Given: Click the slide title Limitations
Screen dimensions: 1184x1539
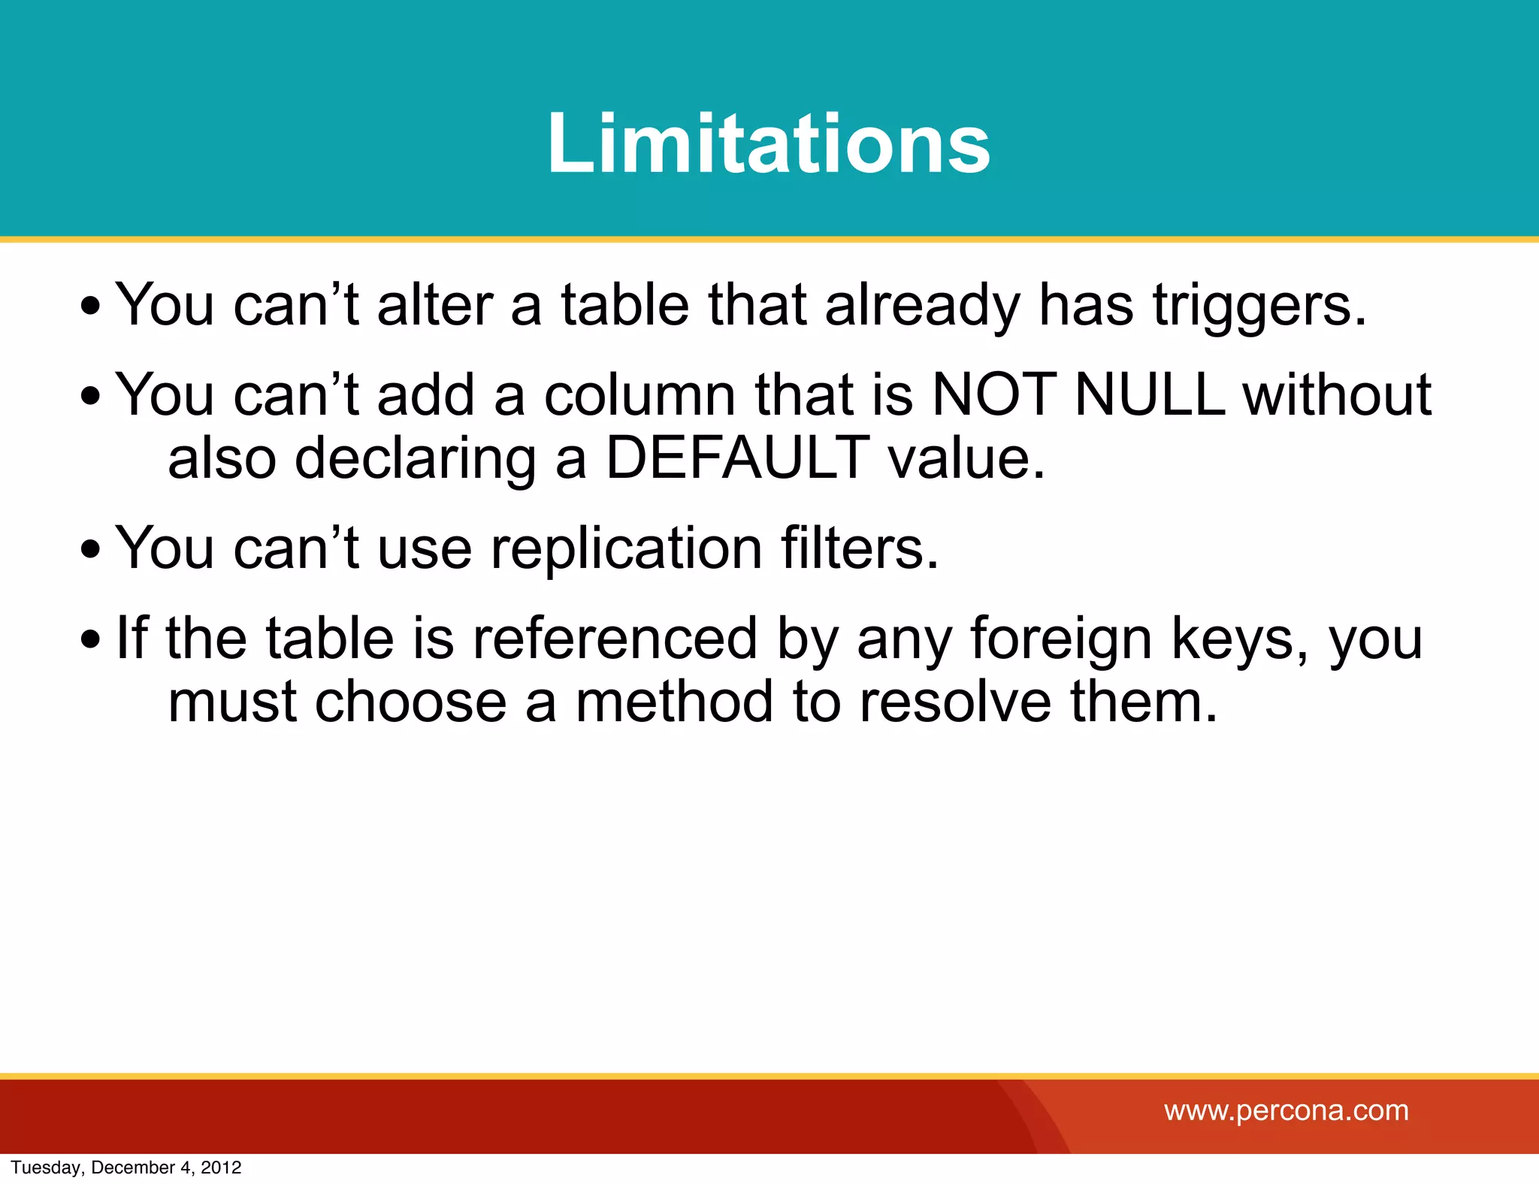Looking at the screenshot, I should click(x=769, y=143).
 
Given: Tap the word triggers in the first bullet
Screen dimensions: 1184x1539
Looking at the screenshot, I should click(x=1260, y=307).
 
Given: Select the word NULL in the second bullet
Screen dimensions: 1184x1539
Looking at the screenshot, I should click(x=1150, y=395).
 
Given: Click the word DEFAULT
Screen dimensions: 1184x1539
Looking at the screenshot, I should click(x=738, y=458).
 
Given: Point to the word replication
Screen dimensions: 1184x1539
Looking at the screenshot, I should click(x=627, y=548).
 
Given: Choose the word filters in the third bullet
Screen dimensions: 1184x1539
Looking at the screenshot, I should click(x=860, y=548).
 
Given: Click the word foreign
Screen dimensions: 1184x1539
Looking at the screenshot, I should click(x=1061, y=640).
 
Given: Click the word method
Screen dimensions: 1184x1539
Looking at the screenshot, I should click(x=674, y=702).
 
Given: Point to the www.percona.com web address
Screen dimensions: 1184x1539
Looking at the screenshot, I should click(x=1287, y=1110).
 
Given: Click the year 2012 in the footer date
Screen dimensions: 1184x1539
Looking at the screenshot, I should click(x=221, y=1167).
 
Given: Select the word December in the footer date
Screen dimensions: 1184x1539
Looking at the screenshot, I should click(x=132, y=1167).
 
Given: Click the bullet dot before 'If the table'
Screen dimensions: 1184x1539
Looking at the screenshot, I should click(x=91, y=640).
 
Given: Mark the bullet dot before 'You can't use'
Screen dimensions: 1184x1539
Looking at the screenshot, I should click(x=91, y=548).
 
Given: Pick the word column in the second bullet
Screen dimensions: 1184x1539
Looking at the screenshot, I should click(x=639, y=395).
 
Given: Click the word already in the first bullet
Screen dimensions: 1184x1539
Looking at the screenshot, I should click(x=923, y=307).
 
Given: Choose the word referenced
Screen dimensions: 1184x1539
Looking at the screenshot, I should click(x=615, y=640).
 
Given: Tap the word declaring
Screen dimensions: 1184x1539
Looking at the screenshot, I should click(x=416, y=460).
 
